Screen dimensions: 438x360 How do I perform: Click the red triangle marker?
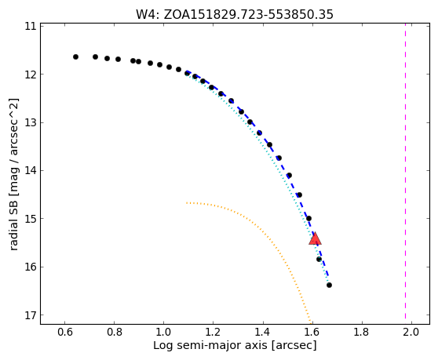point(315,238)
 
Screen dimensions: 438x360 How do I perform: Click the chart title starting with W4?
point(235,15)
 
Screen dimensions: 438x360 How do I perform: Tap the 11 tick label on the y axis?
point(31,26)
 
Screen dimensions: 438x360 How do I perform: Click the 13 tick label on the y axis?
point(31,122)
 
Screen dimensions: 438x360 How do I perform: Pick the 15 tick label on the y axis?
point(31,219)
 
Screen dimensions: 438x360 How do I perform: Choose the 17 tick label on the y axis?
point(31,315)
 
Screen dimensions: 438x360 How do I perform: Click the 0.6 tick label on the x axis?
point(65,332)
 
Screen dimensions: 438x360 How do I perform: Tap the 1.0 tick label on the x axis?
point(164,332)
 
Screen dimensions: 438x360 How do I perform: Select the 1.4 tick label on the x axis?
point(263,332)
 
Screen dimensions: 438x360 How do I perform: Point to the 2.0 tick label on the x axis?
point(411,332)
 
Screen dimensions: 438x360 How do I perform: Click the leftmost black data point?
point(75,57)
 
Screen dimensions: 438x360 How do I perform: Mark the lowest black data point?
point(329,285)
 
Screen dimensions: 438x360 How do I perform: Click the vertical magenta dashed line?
point(405,174)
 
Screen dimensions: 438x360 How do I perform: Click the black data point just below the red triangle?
point(319,260)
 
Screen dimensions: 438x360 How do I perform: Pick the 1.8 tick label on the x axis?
point(362,332)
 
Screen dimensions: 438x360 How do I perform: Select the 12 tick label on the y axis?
point(31,75)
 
